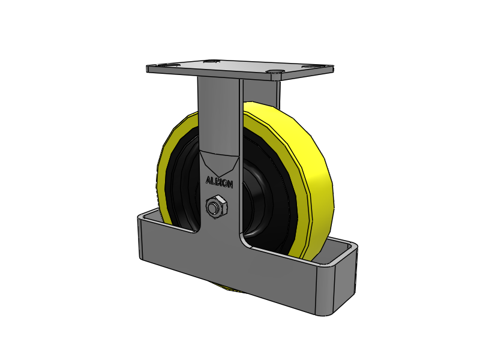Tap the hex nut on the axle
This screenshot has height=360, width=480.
[215, 208]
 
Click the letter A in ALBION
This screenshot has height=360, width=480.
[208, 180]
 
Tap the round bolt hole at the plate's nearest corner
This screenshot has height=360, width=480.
[275, 74]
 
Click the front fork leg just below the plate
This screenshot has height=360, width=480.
[218, 102]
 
